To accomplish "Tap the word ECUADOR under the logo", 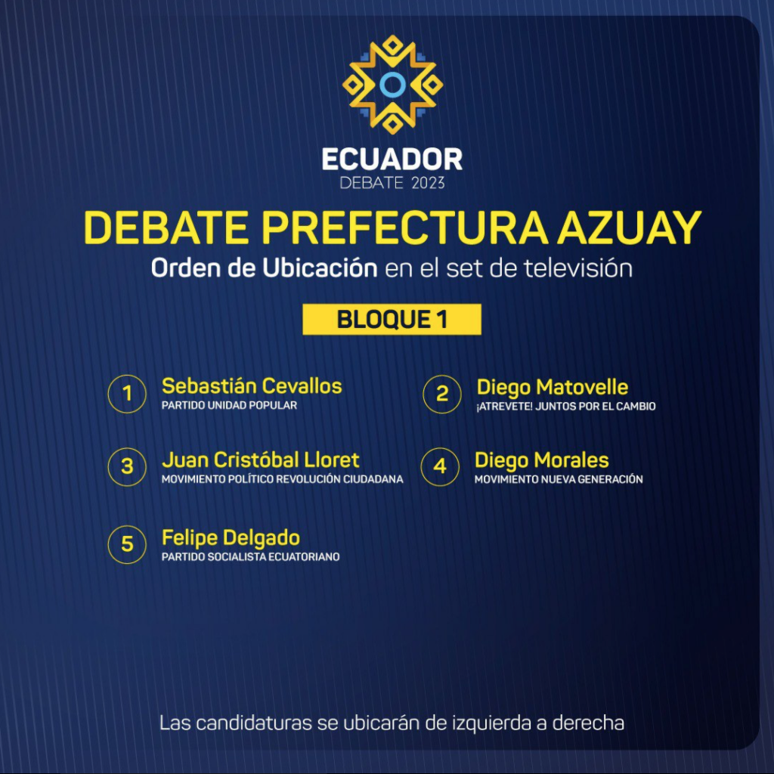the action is coord(392,159).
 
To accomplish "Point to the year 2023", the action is coord(428,183).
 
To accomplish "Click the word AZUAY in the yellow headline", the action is coord(630,228).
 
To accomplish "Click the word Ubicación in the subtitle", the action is coord(320,268).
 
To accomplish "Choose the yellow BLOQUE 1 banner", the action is coord(392,320).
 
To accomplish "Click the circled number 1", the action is coord(127,393).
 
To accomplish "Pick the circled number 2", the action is coord(442,393).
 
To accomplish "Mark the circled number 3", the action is coord(127,466).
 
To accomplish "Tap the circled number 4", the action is coord(441,466).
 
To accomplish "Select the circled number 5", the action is coord(127,544).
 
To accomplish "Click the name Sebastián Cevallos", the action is coord(252,386).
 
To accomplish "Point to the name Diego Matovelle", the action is coord(553,388).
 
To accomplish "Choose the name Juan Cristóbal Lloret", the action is coord(261,460).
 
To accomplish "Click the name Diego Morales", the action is coord(541,460).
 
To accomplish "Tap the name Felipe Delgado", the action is coord(231,538).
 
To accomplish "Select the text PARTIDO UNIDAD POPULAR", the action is coord(230,405).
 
